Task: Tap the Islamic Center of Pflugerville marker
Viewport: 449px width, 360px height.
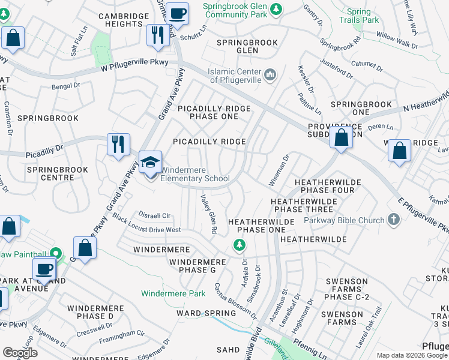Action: pyautogui.click(x=270, y=75)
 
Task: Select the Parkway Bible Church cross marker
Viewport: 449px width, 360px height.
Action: pyautogui.click(x=394, y=220)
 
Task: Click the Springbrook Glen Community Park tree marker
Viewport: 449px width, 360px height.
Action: pyautogui.click(x=276, y=9)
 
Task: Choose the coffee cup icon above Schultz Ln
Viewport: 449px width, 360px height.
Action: pyautogui.click(x=177, y=13)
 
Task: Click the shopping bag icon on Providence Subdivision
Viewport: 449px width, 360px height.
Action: pyautogui.click(x=341, y=137)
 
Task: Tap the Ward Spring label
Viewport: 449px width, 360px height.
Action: pyautogui.click(x=206, y=313)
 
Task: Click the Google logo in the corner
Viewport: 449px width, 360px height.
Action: pyautogui.click(x=20, y=353)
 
